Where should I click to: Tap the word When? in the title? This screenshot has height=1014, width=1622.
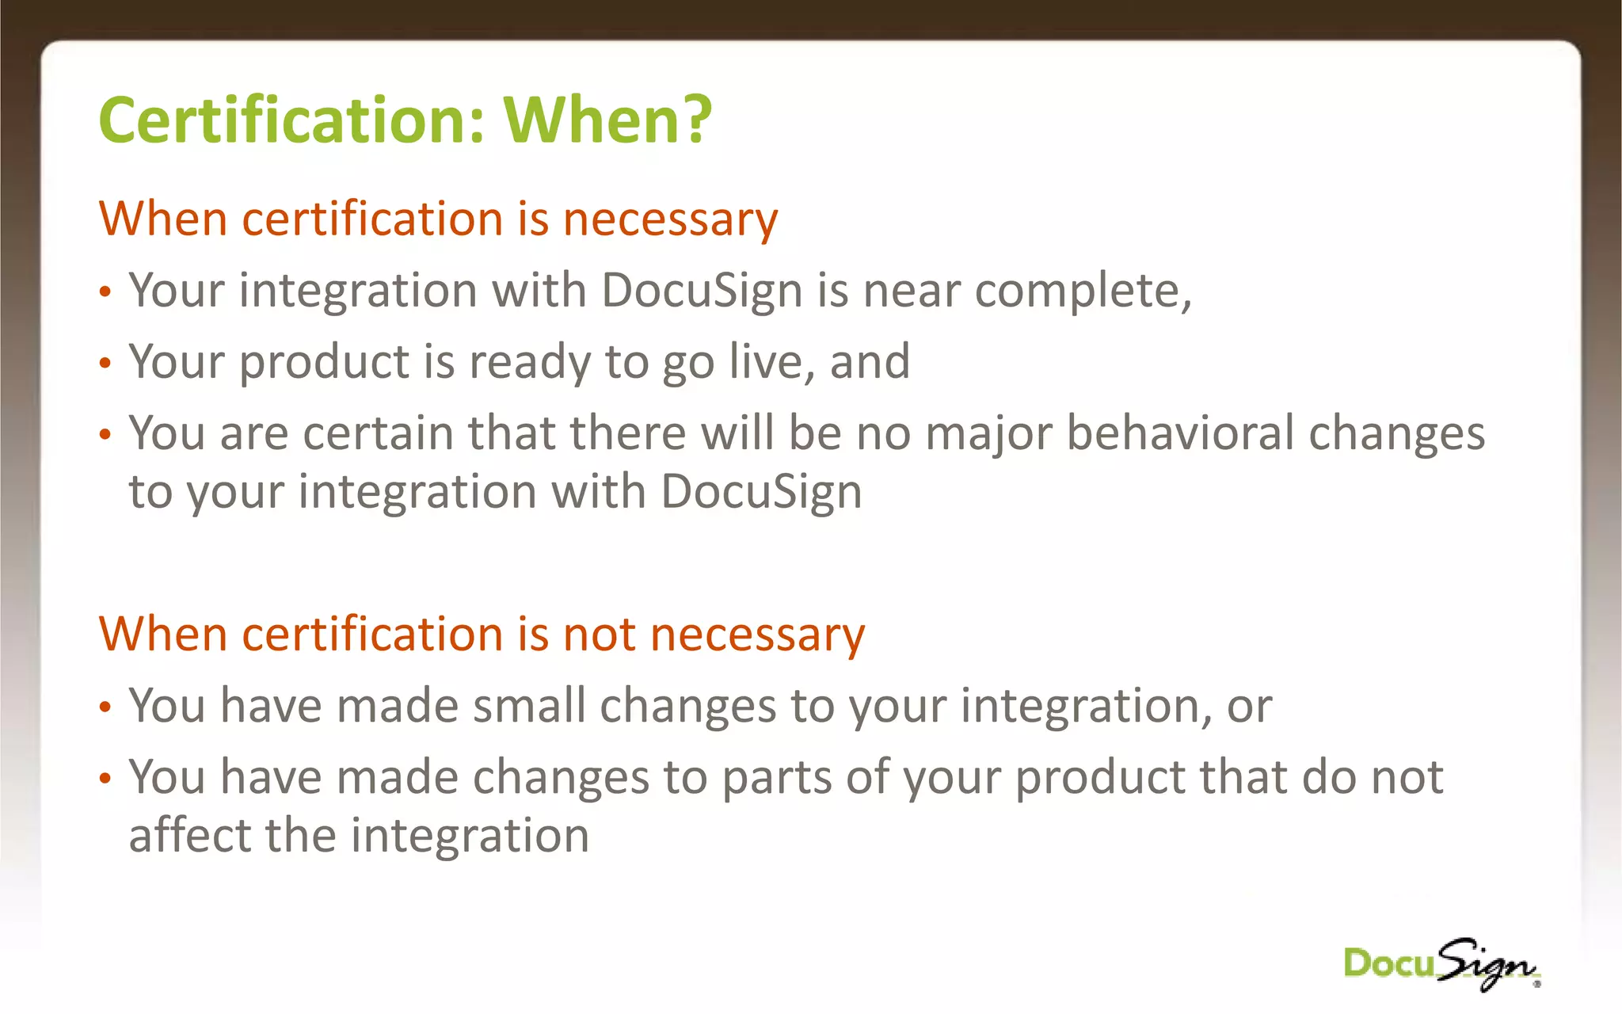(607, 120)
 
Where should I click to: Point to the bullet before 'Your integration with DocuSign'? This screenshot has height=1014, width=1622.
(105, 292)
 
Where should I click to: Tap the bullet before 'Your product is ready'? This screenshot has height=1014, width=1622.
(105, 364)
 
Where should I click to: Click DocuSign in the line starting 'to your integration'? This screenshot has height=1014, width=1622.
(761, 493)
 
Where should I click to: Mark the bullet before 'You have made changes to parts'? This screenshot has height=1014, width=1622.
(105, 779)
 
